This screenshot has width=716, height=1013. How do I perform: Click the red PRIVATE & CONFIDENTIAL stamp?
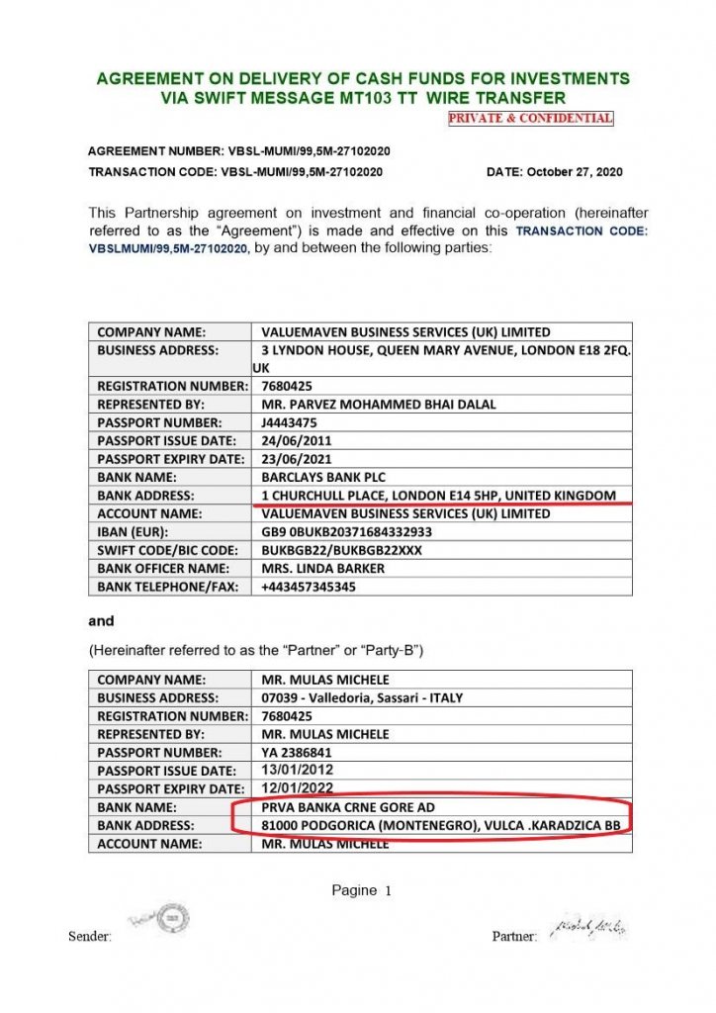(x=530, y=119)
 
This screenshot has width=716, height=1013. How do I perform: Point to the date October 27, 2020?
(x=555, y=171)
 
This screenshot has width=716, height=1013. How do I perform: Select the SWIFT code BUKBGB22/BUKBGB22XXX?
(x=342, y=550)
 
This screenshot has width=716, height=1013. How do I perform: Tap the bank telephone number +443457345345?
(x=309, y=587)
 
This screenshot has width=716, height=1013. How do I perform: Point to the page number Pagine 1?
(x=362, y=891)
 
